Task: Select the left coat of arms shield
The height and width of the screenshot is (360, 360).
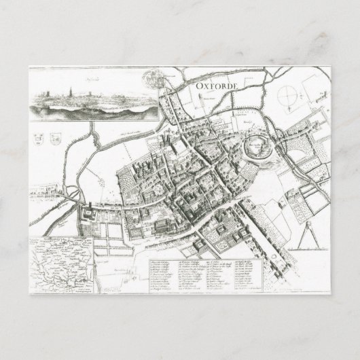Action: (35, 135)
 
